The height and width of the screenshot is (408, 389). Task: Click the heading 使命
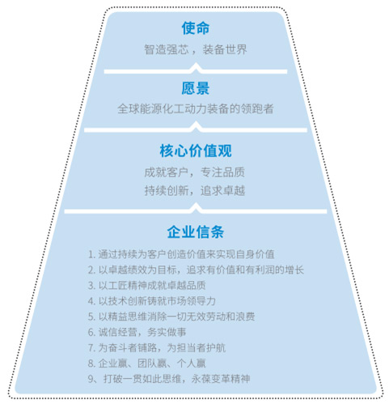tap(196, 28)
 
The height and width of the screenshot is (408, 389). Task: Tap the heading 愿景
tap(196, 88)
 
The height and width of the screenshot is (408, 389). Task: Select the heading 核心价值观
tap(196, 151)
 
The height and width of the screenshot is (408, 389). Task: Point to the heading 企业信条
tap(196, 232)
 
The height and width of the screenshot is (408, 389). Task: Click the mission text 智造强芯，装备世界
tap(196, 49)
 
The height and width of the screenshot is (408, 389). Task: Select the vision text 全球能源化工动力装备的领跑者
tap(196, 108)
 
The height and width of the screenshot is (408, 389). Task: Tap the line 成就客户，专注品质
tap(195, 172)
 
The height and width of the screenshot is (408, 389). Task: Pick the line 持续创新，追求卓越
tap(195, 190)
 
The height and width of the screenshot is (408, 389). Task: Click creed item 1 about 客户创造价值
tap(181, 254)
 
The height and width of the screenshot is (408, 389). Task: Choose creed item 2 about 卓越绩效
tap(196, 270)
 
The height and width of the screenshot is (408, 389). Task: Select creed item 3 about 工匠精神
tap(147, 286)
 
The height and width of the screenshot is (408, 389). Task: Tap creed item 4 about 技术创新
tap(152, 301)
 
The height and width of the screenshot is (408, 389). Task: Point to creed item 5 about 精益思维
tap(171, 317)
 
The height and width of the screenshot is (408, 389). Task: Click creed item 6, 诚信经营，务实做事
tap(137, 332)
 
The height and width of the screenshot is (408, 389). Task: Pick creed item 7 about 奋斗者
tap(157, 348)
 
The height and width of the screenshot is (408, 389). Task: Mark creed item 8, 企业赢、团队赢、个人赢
tap(147, 363)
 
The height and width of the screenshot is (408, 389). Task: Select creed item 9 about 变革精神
tap(169, 379)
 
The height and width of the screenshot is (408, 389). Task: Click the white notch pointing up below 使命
tap(196, 68)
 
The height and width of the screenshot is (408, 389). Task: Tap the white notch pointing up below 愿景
tap(196, 127)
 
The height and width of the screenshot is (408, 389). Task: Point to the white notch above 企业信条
tap(196, 208)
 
